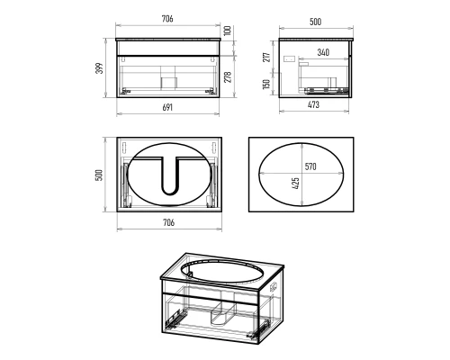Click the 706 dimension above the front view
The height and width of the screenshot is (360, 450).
tap(167, 19)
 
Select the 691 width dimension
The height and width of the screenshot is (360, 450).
tap(167, 107)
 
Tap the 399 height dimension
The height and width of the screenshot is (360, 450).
tap(100, 68)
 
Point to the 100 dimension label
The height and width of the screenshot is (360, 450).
tap(228, 31)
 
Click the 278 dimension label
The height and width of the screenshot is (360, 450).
tap(228, 77)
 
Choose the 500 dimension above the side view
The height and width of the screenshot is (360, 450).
tap(315, 22)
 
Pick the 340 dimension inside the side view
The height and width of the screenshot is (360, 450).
tap(323, 52)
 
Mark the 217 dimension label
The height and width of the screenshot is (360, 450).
tap(266, 58)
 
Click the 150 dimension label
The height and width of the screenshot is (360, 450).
tap(266, 84)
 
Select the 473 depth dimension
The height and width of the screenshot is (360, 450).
tap(313, 104)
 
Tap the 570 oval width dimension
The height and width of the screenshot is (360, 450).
tap(310, 166)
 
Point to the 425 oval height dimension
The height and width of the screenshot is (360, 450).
tap(295, 184)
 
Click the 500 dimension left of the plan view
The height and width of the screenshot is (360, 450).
tap(99, 175)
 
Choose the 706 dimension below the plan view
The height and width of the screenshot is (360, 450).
tap(168, 222)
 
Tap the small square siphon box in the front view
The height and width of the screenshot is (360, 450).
tap(169, 83)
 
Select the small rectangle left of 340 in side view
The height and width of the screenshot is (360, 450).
tap(290, 58)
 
